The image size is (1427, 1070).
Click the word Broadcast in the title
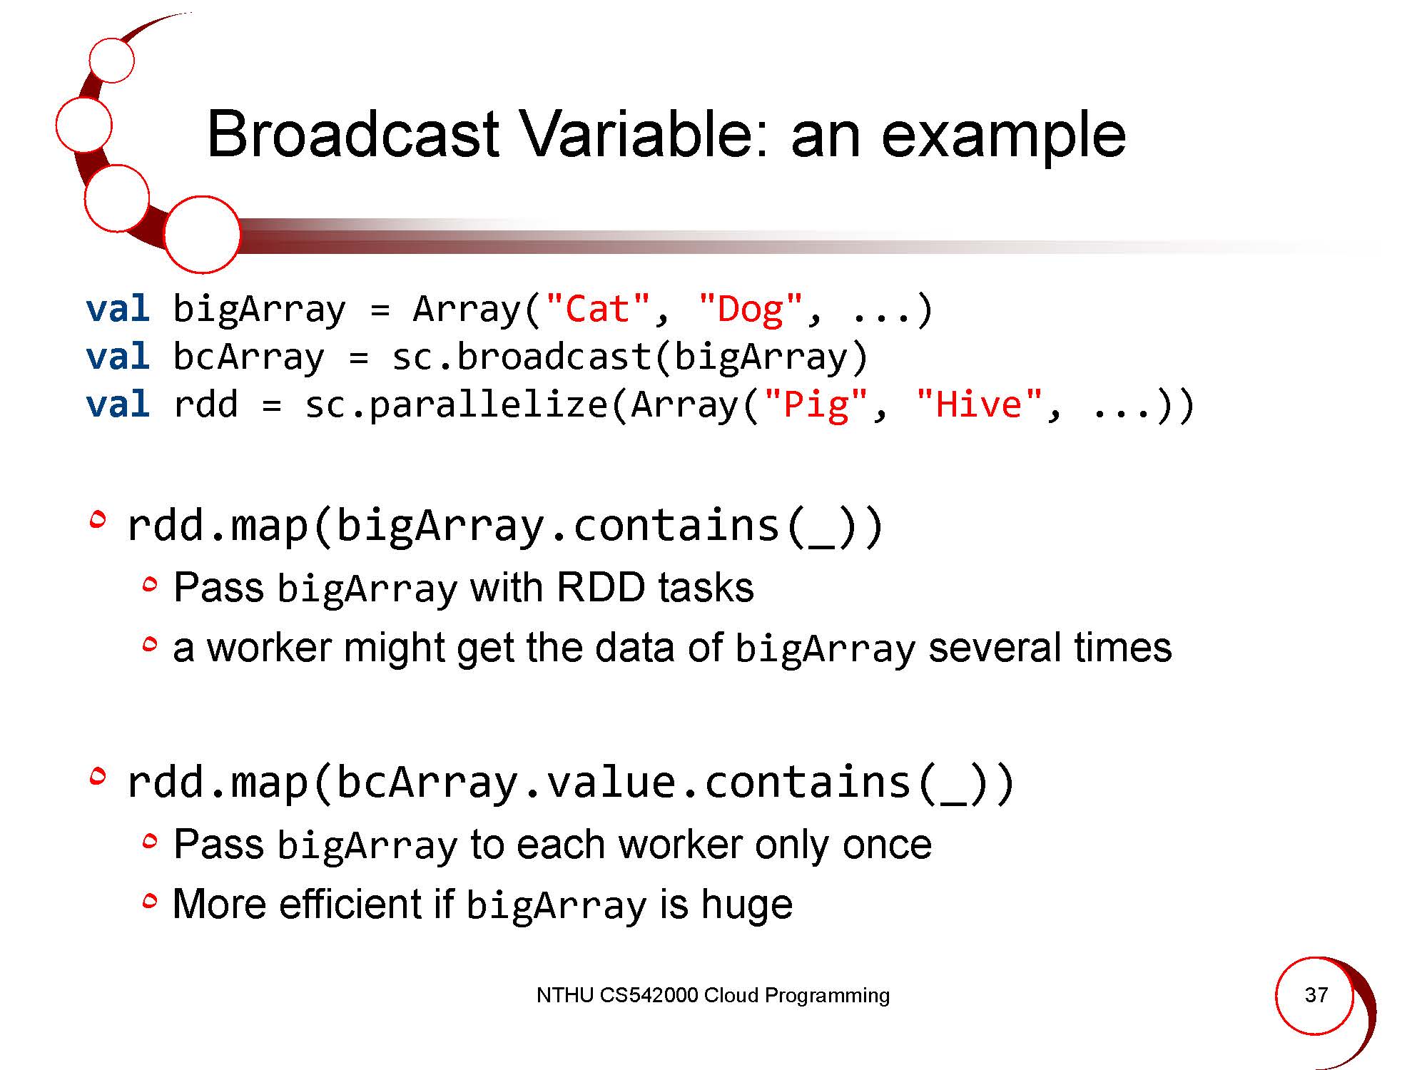[x=353, y=134]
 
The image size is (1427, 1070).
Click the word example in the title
[x=1004, y=139]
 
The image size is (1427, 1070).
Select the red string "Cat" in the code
[x=598, y=309]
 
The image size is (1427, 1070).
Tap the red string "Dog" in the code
[x=751, y=310]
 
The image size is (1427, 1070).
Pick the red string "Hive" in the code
[x=979, y=404]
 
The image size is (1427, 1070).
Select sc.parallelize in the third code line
[x=457, y=405]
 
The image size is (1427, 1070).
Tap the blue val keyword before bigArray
[x=118, y=309]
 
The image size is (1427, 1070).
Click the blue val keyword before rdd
[x=118, y=404]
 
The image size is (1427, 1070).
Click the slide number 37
[x=1316, y=995]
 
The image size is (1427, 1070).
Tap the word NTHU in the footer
[x=565, y=995]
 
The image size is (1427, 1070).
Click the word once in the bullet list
[x=887, y=845]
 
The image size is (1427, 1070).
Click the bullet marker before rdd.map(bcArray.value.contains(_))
[x=98, y=776]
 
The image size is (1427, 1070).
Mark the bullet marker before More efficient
[x=149, y=902]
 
